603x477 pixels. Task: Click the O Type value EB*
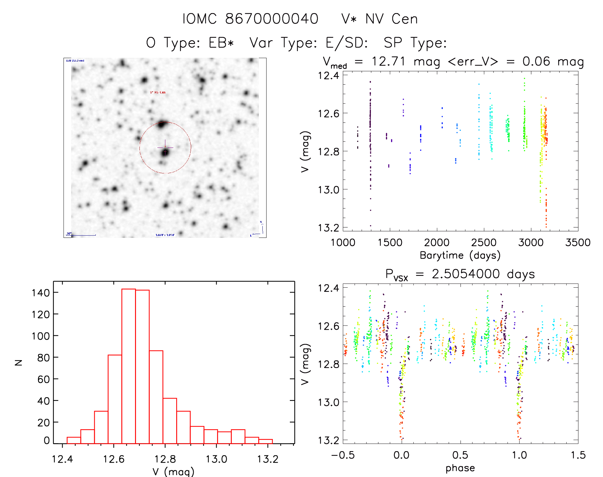[x=221, y=43]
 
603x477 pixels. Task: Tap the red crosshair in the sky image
[x=165, y=147]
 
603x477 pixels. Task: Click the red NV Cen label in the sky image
[x=158, y=92]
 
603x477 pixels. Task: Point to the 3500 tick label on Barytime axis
[x=577, y=243]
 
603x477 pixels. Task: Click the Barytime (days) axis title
[x=460, y=255]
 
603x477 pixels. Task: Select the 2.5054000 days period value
[x=483, y=274]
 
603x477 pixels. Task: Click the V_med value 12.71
[x=388, y=61]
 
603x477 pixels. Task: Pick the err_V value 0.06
[x=536, y=61]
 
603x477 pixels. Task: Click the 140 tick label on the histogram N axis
[x=41, y=293]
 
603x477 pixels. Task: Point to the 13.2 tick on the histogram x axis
[x=268, y=459]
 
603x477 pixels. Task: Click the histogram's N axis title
[x=19, y=362]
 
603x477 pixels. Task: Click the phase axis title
[x=460, y=468]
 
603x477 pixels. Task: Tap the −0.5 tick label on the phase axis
[x=343, y=455]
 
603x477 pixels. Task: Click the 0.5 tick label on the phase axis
[x=460, y=455]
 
